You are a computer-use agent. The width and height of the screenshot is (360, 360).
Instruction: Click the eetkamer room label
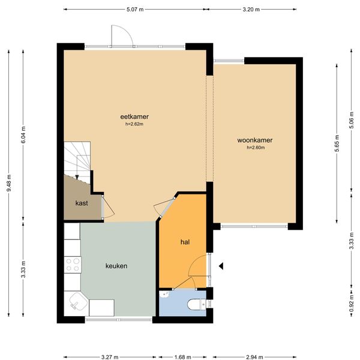pos(134,116)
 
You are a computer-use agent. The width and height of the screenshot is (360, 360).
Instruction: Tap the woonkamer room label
pos(255,140)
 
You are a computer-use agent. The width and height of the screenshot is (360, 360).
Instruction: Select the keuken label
pos(116,266)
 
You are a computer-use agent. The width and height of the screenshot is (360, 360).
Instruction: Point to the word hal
pos(185,242)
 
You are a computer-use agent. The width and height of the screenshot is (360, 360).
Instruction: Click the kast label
pos(82,203)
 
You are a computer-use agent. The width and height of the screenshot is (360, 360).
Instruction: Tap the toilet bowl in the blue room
pos(197,305)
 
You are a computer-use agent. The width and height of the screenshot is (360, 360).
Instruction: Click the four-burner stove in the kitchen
pos(73,265)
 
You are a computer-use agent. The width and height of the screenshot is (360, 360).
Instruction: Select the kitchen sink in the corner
pos(77,302)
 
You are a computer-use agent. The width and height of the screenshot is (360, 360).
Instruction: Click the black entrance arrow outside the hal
pos(221,266)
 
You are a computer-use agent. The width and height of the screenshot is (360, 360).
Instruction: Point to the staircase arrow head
pos(77,177)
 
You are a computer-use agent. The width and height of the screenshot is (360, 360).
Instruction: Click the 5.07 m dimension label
pos(135,10)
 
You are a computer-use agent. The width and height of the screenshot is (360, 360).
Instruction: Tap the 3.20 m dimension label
pos(251,10)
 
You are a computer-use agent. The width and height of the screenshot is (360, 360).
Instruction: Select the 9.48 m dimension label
pos(9,183)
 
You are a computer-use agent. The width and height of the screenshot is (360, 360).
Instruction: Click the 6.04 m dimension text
pos(23,135)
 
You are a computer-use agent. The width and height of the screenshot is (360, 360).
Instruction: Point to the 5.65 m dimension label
pos(337,143)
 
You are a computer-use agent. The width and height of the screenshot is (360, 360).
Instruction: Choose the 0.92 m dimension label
pos(351,303)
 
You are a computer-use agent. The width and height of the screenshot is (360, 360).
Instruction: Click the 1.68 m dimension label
pos(183,357)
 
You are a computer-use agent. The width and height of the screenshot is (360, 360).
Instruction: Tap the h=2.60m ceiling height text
pos(256,148)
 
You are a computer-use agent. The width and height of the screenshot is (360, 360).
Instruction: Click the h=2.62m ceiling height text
pos(134,124)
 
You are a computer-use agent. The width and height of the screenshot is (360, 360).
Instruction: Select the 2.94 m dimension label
pos(254,357)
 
